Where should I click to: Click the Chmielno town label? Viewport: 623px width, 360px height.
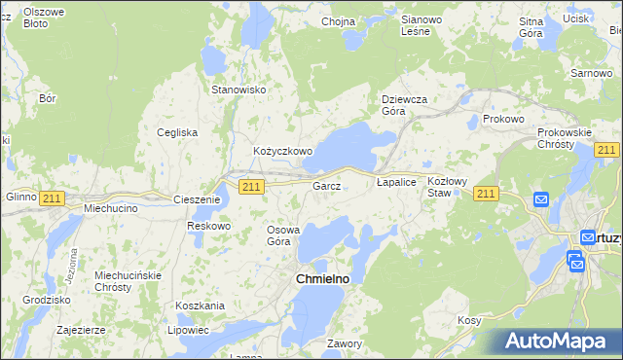[x=321, y=279]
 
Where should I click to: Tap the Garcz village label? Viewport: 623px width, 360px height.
[x=325, y=185]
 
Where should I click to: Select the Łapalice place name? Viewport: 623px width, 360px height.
[x=396, y=182]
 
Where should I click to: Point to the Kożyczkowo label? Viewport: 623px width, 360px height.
[x=282, y=152]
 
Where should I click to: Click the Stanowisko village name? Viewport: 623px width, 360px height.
[x=239, y=90]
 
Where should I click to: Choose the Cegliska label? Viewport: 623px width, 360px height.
[x=178, y=132]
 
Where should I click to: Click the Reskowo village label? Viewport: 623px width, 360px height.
[x=208, y=226]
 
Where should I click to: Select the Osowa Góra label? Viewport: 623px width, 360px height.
[x=286, y=235]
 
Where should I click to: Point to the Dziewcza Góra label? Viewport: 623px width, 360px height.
[x=404, y=103]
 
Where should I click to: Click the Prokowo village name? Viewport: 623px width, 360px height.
[x=502, y=119]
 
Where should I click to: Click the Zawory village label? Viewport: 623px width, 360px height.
[x=345, y=343]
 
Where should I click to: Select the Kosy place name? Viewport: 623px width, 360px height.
[x=470, y=320]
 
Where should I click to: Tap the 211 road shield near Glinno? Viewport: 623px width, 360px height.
[x=53, y=198]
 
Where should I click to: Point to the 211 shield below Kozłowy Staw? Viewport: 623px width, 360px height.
[x=487, y=196]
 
